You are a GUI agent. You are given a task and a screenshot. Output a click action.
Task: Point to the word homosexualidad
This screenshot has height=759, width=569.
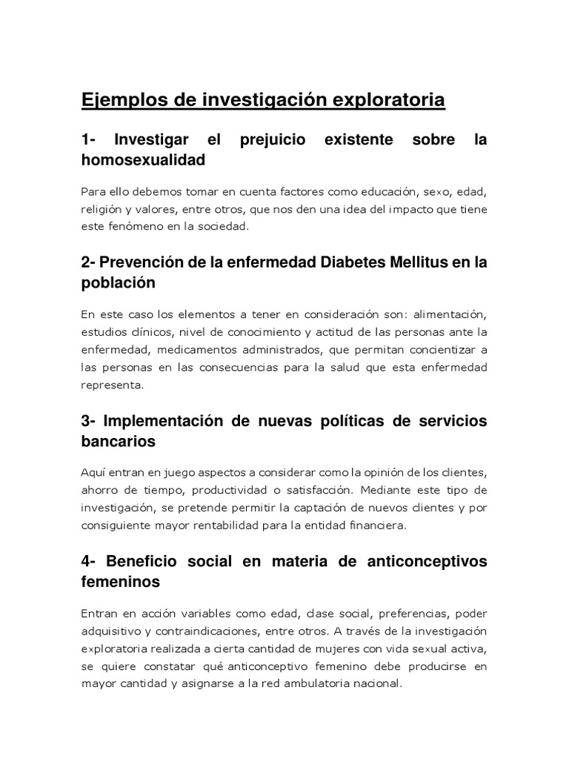[142, 159]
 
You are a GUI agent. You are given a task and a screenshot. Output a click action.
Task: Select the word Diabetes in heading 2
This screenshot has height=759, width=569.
[346, 262]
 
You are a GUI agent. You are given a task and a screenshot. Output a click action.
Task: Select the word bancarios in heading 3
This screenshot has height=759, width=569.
[119, 441]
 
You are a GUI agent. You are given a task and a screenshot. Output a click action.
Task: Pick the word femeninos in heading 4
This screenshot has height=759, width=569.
[120, 582]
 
